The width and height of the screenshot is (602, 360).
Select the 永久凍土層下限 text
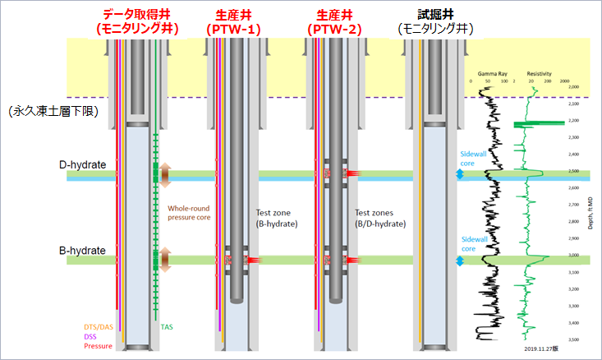(x=52, y=110)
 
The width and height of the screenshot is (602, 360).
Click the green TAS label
(x=166, y=327)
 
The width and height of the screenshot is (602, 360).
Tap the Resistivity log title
(x=537, y=73)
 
